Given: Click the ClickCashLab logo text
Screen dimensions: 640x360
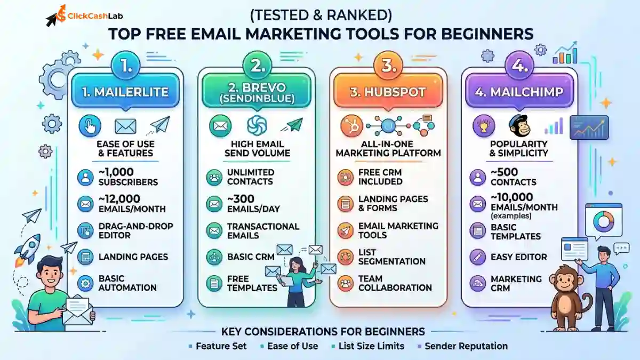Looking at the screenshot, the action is [95, 15].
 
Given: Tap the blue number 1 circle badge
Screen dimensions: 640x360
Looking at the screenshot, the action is [126, 66].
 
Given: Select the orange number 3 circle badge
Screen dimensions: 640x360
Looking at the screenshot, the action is [388, 66].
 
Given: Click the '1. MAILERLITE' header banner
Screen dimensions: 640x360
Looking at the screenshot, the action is [125, 91].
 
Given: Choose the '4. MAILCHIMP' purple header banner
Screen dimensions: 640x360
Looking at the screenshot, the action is [519, 91].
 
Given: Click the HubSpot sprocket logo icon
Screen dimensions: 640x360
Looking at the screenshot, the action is [351, 126].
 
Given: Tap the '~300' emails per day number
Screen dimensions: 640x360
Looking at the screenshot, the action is [241, 199].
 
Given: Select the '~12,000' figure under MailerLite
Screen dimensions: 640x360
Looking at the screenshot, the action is [119, 199].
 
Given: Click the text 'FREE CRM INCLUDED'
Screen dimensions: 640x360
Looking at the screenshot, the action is [380, 177].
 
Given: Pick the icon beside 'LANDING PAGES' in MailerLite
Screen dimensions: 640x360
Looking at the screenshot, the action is [85, 257].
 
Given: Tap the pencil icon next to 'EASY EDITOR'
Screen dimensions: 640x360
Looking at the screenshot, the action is [478, 257].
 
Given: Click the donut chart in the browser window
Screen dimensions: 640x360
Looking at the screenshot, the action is [603, 221].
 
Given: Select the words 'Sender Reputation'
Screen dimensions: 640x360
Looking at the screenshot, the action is [466, 346].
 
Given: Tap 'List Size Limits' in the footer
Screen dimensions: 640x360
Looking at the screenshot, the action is [371, 346].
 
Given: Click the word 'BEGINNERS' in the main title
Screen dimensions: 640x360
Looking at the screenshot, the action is [487, 34].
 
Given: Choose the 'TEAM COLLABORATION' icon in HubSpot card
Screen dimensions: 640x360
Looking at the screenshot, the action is [345, 283].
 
